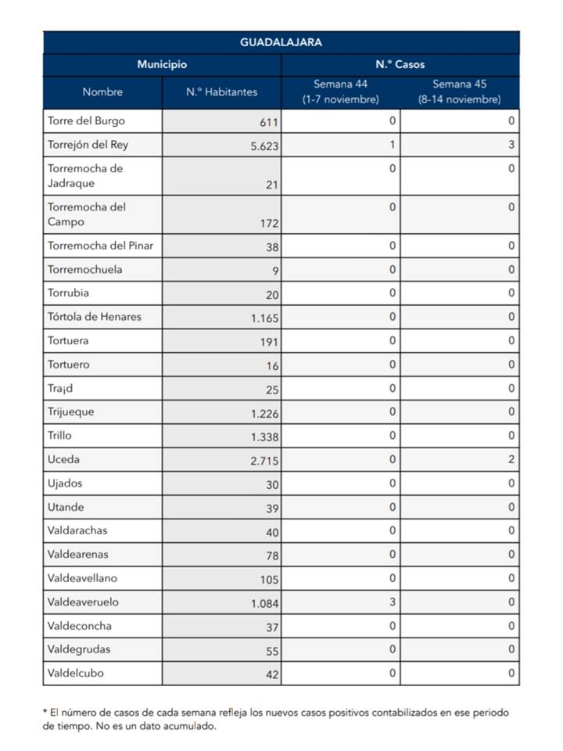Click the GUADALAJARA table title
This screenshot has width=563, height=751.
[x=281, y=42]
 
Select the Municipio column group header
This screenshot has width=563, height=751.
[x=162, y=64]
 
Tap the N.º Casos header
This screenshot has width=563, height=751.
[x=400, y=64]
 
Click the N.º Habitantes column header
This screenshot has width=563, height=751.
[x=221, y=92]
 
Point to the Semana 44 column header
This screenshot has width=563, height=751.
[x=340, y=92]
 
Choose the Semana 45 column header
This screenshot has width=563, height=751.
[x=459, y=92]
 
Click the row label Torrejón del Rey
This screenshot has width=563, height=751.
[x=88, y=145]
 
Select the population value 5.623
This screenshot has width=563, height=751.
[x=264, y=146]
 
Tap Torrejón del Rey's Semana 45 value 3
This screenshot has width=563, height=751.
[x=511, y=145]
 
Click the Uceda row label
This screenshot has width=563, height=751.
[x=63, y=459]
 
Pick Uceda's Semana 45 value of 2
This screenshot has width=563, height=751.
[x=511, y=459]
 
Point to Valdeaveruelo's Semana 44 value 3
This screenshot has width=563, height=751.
[x=392, y=602]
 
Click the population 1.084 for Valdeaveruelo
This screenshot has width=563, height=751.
[x=265, y=603]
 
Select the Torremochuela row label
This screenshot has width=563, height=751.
[x=84, y=269]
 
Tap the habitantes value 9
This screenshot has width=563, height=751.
[x=275, y=271]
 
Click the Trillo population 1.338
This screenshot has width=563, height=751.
[x=265, y=437]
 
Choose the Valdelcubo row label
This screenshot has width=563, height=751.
[x=75, y=673]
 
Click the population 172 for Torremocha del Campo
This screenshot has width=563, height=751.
[x=269, y=223]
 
